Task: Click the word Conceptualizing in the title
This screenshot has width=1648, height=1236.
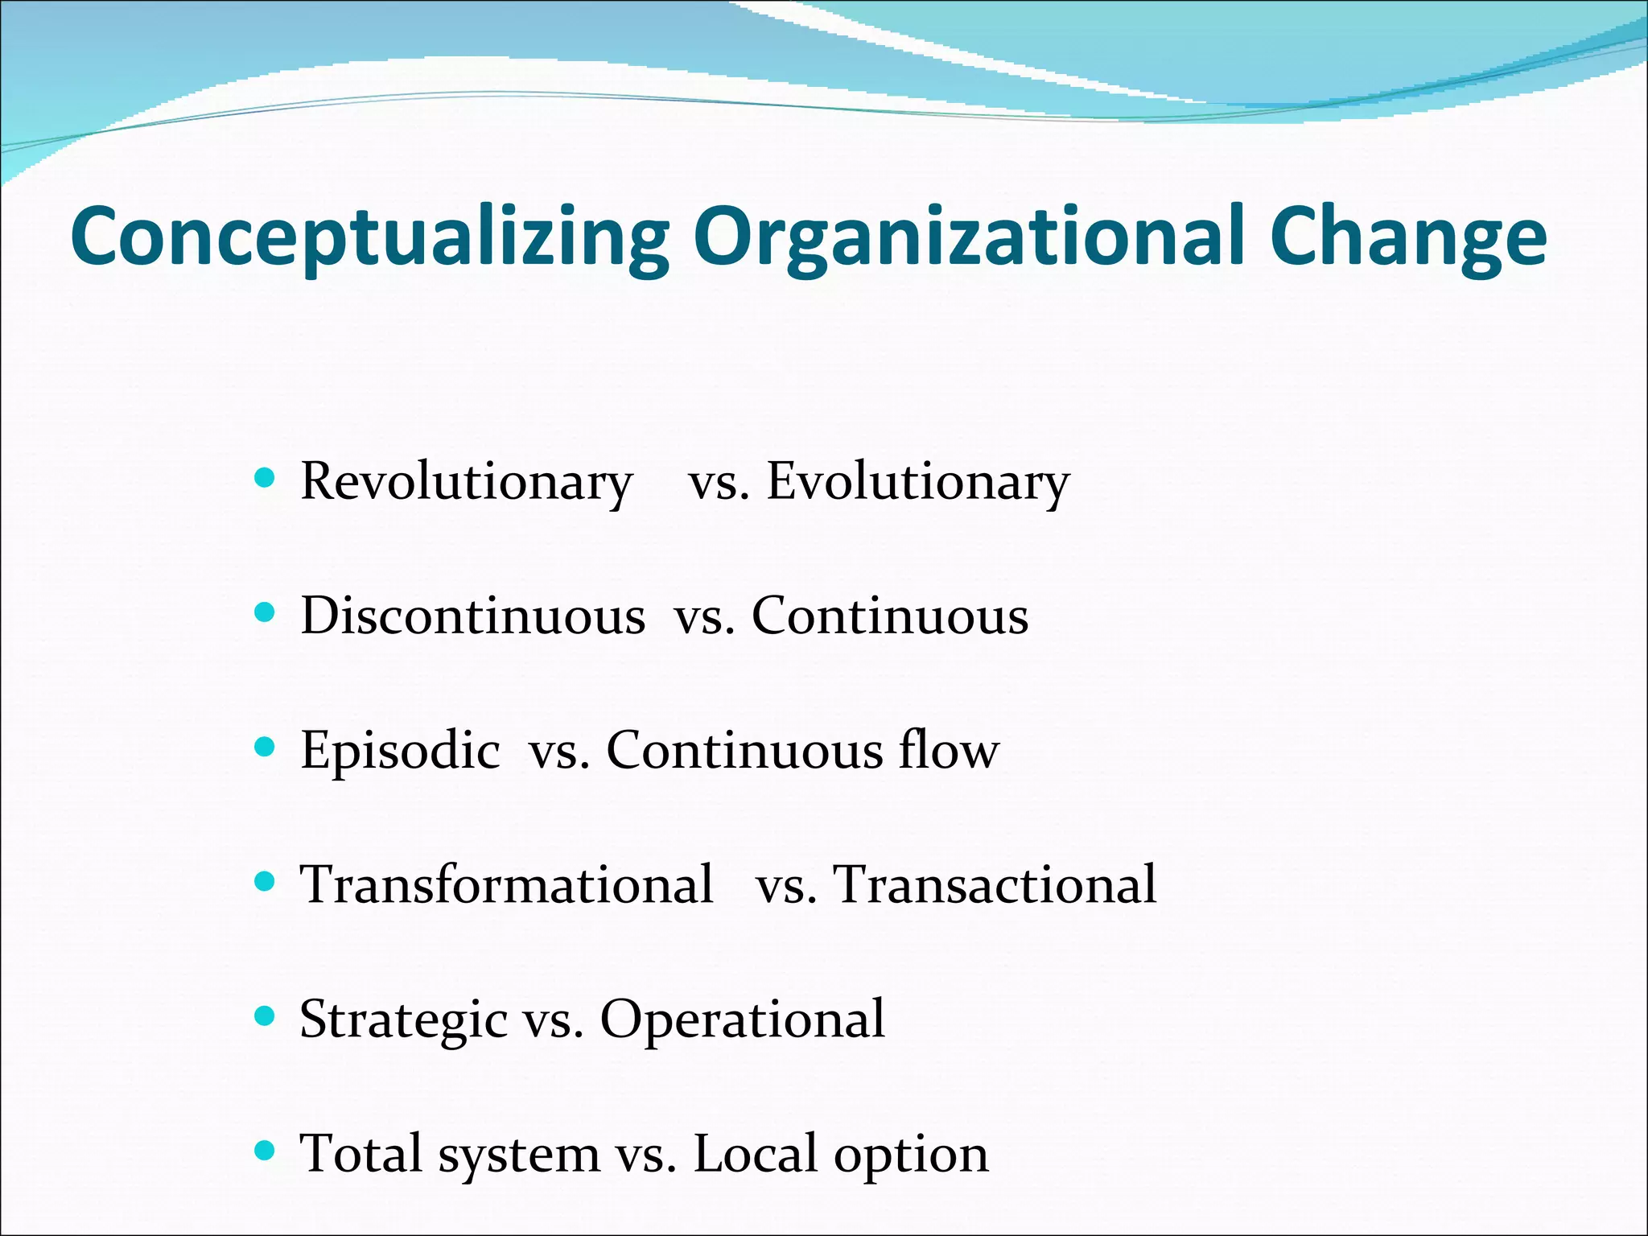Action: click(370, 237)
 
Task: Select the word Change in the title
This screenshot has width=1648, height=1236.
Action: click(1408, 237)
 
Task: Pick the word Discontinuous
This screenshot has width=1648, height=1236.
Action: click(473, 616)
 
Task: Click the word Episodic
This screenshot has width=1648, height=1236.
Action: click(400, 751)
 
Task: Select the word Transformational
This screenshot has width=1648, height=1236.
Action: click(507, 885)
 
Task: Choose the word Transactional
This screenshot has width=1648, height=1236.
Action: click(995, 885)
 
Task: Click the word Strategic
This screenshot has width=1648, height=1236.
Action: click(403, 1020)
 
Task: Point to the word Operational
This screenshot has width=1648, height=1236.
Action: click(743, 1020)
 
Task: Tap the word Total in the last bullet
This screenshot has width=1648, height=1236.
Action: click(361, 1154)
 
